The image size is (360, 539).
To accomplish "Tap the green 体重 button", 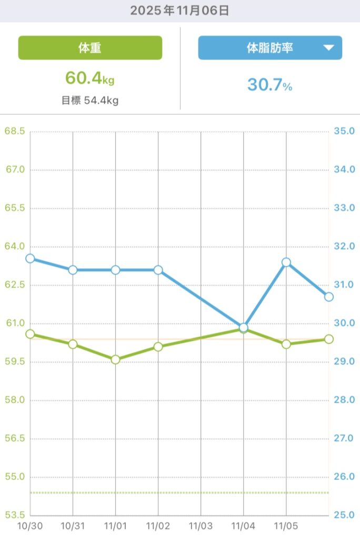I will [x=90, y=48].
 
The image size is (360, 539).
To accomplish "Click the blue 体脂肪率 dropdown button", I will [x=270, y=48].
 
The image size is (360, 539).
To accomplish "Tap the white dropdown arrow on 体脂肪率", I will [x=328, y=48].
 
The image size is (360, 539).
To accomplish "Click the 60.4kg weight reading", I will [x=90, y=78].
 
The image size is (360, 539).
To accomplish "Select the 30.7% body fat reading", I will [x=269, y=85].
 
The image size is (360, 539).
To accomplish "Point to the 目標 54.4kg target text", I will [x=90, y=101].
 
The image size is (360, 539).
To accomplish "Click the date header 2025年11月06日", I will [x=180, y=11].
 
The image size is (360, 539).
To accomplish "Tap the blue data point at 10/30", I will [x=30, y=258].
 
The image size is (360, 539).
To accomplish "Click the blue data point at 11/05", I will [x=286, y=262].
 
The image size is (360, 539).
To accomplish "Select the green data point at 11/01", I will [x=115, y=360].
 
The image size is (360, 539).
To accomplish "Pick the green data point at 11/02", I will [x=158, y=347].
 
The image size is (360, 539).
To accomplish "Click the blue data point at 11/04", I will [x=244, y=327].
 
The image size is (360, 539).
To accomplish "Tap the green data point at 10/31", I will [x=73, y=344].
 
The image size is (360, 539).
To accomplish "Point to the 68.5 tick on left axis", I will [x=15, y=131].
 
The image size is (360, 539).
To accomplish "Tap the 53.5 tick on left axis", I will [x=15, y=515].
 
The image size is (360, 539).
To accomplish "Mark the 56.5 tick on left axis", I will [x=15, y=438].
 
